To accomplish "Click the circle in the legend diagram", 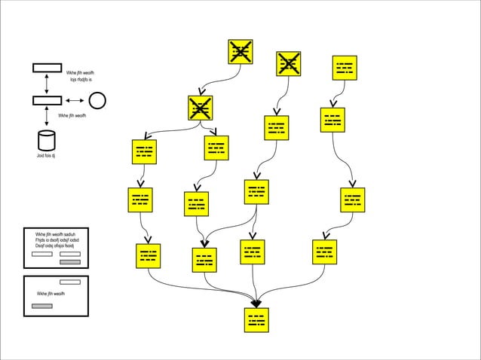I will pos(97,100).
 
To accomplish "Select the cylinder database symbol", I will pos(47,140).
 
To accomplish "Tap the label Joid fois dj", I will pos(47,156).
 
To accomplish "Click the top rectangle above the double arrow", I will pos(47,68).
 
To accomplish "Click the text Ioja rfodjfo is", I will pos(81,78).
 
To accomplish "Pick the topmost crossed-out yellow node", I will pos(240,51).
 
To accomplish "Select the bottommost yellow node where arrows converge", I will pos(256,319).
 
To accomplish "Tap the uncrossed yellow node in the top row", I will pos(345,67).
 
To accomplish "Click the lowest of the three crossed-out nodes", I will pos(201,108).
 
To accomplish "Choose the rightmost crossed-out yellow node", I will pos(288,63).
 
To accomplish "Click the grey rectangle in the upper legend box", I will pos(70,261).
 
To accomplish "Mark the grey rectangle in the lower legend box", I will pos(42,307).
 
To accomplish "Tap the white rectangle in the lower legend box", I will pos(69,282).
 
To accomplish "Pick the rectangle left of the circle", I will pos(47,100).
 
